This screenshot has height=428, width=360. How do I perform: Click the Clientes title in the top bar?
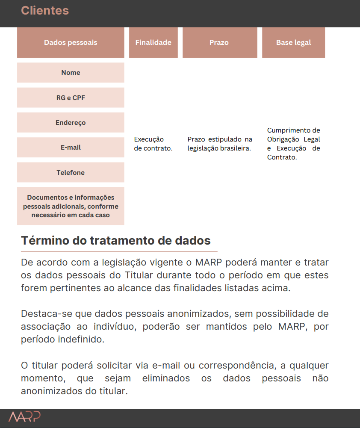coord(45,11)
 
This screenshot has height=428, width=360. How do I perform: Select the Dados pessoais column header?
coord(71,42)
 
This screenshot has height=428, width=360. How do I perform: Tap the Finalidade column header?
coord(153,42)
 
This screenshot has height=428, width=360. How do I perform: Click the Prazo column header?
coord(219,42)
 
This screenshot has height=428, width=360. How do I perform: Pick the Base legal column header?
coord(293,42)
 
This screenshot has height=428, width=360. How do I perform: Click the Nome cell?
coord(71,73)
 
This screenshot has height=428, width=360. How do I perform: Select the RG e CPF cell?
coord(71,97)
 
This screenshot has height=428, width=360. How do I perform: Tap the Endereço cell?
coord(71,123)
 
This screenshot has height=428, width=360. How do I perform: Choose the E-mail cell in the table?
coord(71,148)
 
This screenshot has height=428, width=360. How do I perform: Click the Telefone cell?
coord(71,173)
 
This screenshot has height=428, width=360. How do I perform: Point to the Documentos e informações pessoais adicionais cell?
coord(71,206)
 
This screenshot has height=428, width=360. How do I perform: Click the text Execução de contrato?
coord(153,144)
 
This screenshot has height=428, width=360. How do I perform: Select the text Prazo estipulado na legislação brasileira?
coord(220,144)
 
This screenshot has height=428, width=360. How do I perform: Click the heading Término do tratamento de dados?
coord(116,240)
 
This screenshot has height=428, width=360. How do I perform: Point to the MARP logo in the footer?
coord(24,416)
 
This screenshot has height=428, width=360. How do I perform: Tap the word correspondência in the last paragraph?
coord(236,366)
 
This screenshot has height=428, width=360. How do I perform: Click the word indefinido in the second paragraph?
coord(81,340)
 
